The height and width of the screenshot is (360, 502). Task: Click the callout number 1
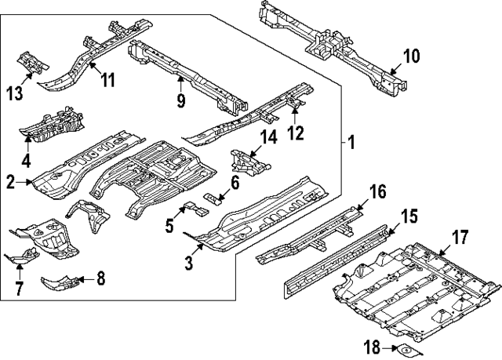point(351,144)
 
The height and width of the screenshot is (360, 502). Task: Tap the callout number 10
point(411,56)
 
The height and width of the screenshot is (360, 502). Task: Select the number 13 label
point(14,95)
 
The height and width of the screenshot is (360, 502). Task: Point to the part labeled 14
point(249,162)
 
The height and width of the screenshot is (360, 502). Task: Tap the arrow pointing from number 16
point(359,206)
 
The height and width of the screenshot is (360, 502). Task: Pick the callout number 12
point(294,133)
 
